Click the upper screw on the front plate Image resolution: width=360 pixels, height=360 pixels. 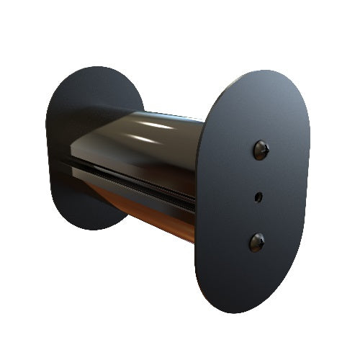click(x=260, y=150)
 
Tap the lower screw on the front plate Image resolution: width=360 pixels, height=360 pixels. click(x=257, y=242)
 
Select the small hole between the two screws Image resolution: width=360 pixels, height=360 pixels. click(x=258, y=196)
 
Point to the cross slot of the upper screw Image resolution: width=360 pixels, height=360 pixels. click(x=260, y=150)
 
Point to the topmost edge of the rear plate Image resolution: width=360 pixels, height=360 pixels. click(x=101, y=67)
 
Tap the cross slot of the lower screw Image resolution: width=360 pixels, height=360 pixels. click(x=257, y=242)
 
